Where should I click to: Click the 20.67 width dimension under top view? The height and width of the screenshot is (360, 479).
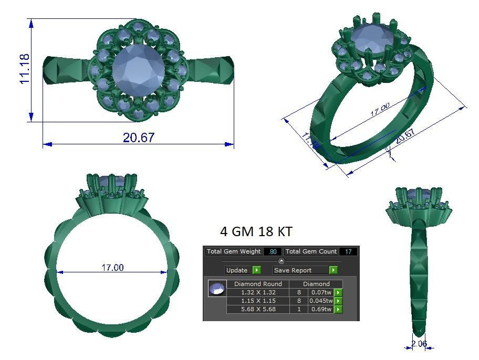139,137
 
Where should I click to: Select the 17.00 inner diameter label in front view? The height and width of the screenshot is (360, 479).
112,268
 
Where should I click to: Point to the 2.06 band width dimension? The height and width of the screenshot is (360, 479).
419,344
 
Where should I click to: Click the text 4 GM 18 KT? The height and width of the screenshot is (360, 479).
256,231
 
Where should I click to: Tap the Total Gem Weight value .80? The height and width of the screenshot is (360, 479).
272,251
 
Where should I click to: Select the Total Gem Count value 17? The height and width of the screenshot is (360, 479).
348,251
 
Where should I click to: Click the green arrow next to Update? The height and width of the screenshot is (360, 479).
256,270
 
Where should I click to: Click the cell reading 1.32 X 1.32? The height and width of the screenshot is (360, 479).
258,292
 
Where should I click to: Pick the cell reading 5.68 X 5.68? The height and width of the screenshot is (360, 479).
258,309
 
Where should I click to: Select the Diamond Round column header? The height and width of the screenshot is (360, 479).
258,284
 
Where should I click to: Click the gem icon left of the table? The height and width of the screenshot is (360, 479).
217,289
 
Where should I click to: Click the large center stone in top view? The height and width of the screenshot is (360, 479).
138,71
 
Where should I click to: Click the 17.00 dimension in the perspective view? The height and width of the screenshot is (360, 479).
380,110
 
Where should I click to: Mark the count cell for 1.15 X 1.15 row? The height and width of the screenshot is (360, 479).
299,301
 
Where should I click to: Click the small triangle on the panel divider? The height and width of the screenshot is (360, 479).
281,261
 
